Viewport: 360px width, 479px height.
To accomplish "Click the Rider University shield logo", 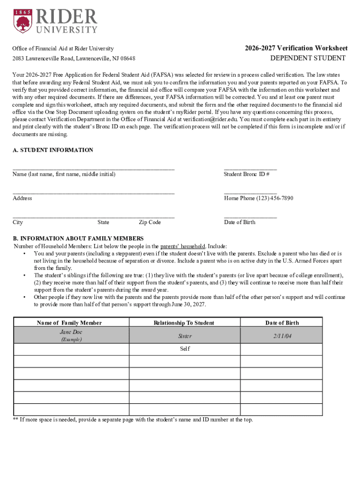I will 23,21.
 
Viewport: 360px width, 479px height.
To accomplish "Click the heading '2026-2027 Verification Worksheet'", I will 296,48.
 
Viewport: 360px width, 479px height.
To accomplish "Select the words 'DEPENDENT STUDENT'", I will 308,58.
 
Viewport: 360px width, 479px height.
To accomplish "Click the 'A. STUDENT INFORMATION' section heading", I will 53,150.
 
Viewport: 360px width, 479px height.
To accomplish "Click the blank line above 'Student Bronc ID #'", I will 250,168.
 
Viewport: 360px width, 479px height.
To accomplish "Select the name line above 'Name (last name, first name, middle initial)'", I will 94,168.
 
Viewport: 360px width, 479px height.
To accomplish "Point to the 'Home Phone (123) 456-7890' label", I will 259,198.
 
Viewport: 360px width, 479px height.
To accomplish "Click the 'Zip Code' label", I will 150,222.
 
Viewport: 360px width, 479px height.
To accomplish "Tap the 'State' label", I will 103,222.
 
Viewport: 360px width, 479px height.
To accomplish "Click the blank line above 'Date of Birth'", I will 250,217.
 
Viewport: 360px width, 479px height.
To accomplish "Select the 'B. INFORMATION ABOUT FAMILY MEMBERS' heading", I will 78,238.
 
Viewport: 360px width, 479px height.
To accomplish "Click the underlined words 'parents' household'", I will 182,246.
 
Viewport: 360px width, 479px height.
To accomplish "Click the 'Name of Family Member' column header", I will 69,323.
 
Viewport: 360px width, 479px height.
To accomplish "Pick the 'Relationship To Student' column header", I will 184,323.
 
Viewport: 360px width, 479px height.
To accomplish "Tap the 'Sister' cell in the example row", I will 185,336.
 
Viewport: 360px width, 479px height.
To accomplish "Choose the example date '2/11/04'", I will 282,336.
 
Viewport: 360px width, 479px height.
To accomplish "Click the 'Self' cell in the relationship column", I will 185,349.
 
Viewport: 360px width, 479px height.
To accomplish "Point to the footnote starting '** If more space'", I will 133,420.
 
